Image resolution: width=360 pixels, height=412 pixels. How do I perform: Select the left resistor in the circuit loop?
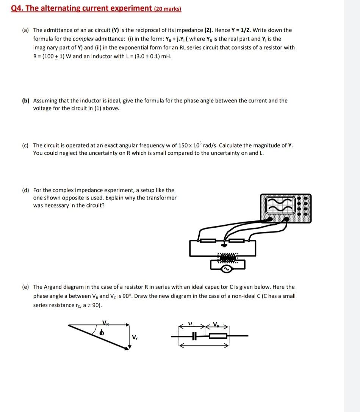tap(208, 240)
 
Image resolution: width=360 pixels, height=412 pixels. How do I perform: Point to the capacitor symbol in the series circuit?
tap(194, 336)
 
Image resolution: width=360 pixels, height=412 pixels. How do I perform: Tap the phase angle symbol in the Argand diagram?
tap(102, 333)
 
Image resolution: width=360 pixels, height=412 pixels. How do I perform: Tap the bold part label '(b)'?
tap(26, 101)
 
